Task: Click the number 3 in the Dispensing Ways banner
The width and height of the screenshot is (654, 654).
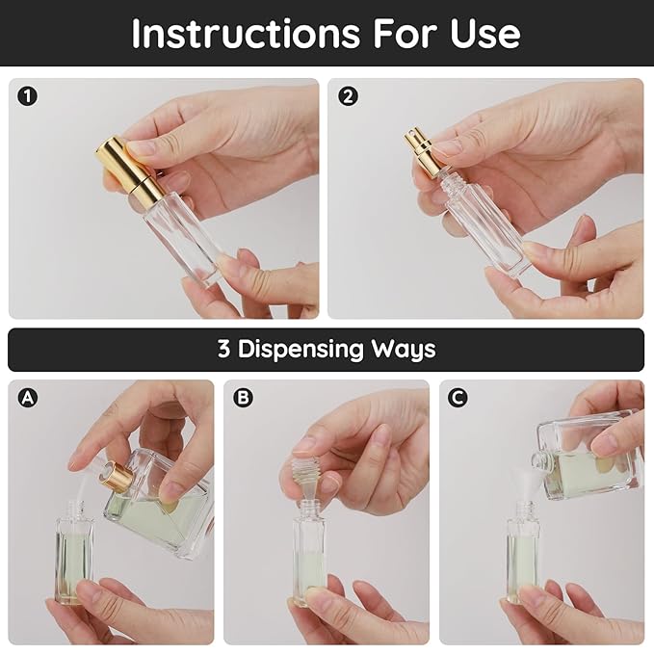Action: (223, 349)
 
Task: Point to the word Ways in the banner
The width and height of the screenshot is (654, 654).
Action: (409, 349)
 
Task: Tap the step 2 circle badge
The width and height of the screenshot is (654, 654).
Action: (348, 95)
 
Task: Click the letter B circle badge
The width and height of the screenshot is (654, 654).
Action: (243, 397)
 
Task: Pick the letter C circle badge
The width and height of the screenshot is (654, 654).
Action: (458, 397)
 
